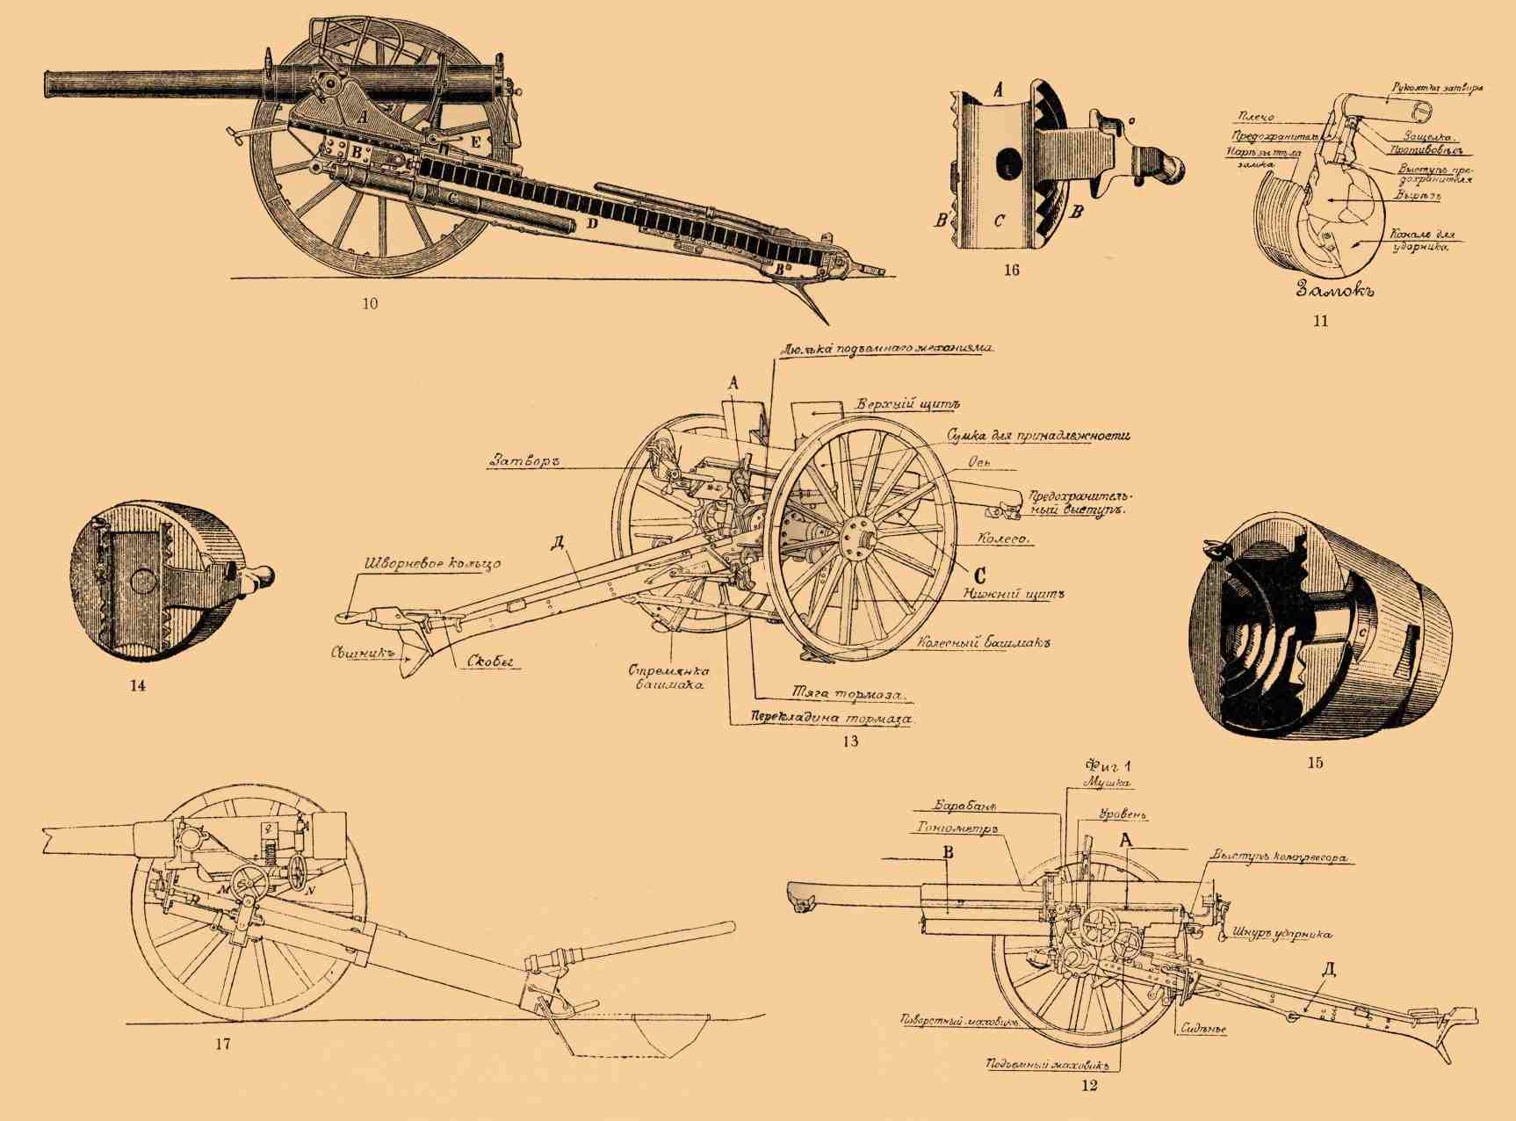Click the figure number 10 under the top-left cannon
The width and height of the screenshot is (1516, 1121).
pyautogui.click(x=370, y=304)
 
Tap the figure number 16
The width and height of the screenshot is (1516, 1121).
pyautogui.click(x=1011, y=271)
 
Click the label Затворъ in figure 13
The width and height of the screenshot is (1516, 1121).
pyautogui.click(x=525, y=461)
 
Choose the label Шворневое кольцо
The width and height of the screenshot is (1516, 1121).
pyautogui.click(x=432, y=563)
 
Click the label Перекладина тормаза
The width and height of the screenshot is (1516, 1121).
pyautogui.click(x=830, y=718)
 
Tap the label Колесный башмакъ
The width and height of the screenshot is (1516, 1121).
pyautogui.click(x=985, y=642)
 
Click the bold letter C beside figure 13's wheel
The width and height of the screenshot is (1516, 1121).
pyautogui.click(x=980, y=575)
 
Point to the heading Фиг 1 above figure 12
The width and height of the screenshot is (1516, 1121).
pyautogui.click(x=1108, y=764)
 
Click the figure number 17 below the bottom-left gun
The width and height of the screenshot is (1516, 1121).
pyautogui.click(x=221, y=1045)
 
